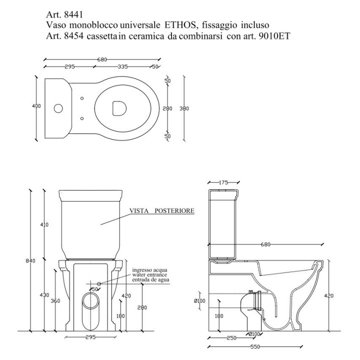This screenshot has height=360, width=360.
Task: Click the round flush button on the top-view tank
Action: (x=58, y=107)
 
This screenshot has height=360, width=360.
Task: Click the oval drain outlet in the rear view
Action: (x=90, y=301)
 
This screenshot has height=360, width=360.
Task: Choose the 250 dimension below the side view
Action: (x=230, y=338)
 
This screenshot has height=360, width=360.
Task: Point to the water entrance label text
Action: (x=149, y=274)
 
